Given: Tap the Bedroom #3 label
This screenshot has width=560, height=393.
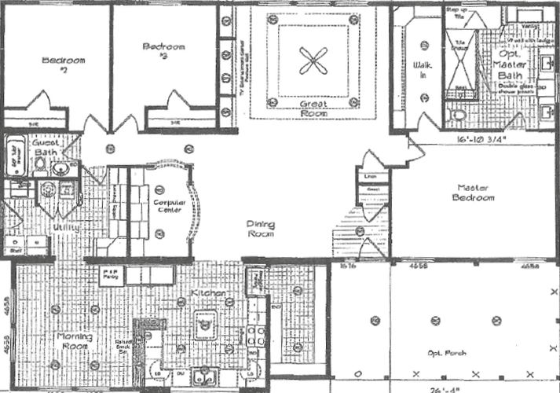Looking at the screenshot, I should (x=164, y=52).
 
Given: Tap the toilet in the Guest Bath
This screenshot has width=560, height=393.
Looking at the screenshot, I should (x=39, y=165).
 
